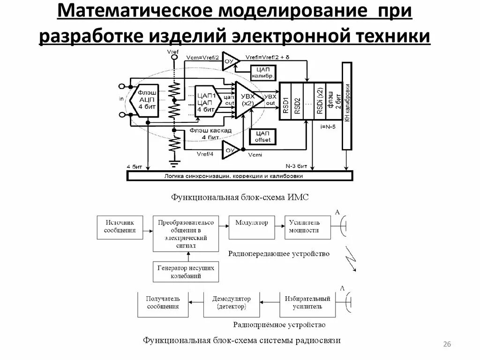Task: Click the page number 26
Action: [x=446, y=345]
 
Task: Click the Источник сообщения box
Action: [x=120, y=227]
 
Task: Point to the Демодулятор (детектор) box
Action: [x=231, y=303]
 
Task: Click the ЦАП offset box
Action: [x=264, y=136]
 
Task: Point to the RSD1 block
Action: [x=285, y=101]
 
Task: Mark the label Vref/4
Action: [x=205, y=154]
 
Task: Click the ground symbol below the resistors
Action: [x=174, y=163]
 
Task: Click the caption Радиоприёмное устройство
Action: [x=279, y=324]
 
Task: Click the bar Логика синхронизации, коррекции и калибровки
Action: [x=240, y=176]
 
